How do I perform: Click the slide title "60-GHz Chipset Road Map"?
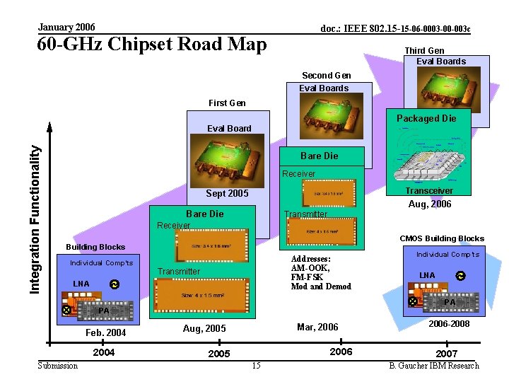click(x=152, y=45)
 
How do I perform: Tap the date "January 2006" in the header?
click(x=66, y=27)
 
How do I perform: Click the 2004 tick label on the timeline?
click(x=104, y=352)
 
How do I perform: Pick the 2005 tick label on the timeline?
click(x=218, y=354)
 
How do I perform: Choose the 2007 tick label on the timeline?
click(x=447, y=354)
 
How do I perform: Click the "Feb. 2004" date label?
click(x=105, y=332)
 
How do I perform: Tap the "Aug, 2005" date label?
click(x=204, y=328)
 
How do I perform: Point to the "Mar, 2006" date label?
click(x=317, y=327)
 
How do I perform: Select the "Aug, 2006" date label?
click(x=430, y=204)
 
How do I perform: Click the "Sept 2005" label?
click(x=227, y=193)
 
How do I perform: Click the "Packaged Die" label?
click(x=426, y=118)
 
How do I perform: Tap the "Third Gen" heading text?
click(x=424, y=50)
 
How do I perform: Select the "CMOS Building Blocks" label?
click(x=442, y=238)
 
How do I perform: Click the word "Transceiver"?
click(x=429, y=190)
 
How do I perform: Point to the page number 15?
click(x=256, y=366)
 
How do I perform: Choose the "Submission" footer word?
click(x=58, y=366)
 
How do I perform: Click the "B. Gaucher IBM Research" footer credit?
click(x=434, y=366)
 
